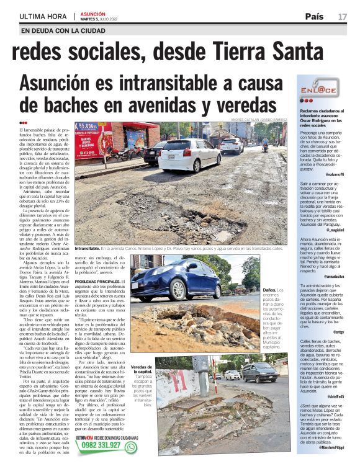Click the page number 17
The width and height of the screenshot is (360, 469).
coord(342,16)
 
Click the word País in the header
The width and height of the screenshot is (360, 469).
coord(314,16)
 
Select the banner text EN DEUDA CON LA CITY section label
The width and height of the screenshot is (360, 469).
coord(63,30)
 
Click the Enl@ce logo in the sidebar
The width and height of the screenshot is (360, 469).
coord(317,91)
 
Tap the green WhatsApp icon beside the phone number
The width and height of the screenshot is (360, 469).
coord(130,446)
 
